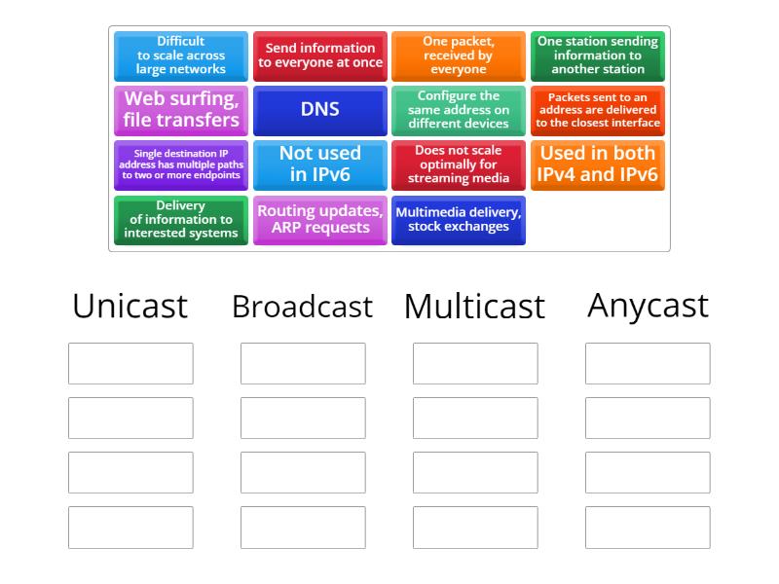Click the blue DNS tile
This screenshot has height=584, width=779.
pos(320,110)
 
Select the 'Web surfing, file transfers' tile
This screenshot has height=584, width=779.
pos(181,110)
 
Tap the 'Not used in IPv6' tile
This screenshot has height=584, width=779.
pos(320,164)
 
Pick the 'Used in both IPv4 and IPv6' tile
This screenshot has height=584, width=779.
pos(598,164)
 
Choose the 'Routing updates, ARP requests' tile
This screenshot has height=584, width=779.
pos(320,220)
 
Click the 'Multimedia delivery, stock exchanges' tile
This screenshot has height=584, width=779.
pos(459,220)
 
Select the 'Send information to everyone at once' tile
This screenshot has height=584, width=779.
pos(320,56)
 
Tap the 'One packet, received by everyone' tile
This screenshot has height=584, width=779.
pos(459,56)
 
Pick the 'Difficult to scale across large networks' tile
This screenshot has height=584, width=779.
pos(181,56)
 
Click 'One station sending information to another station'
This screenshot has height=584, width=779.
pos(598,56)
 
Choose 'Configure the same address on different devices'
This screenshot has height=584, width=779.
pos(459,110)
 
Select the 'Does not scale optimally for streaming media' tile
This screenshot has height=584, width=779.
pos(459,164)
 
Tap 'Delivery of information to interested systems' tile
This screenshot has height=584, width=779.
pos(181,220)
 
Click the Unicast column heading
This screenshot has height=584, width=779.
pos(130,306)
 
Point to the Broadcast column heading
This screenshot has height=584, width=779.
pos(302,307)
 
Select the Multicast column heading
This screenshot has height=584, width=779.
pos(475,307)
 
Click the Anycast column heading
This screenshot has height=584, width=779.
pos(648,306)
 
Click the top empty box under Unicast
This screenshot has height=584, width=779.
pos(130,363)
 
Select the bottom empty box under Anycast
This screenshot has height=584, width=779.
pos(648,527)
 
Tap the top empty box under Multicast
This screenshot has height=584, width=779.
pos(475,363)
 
